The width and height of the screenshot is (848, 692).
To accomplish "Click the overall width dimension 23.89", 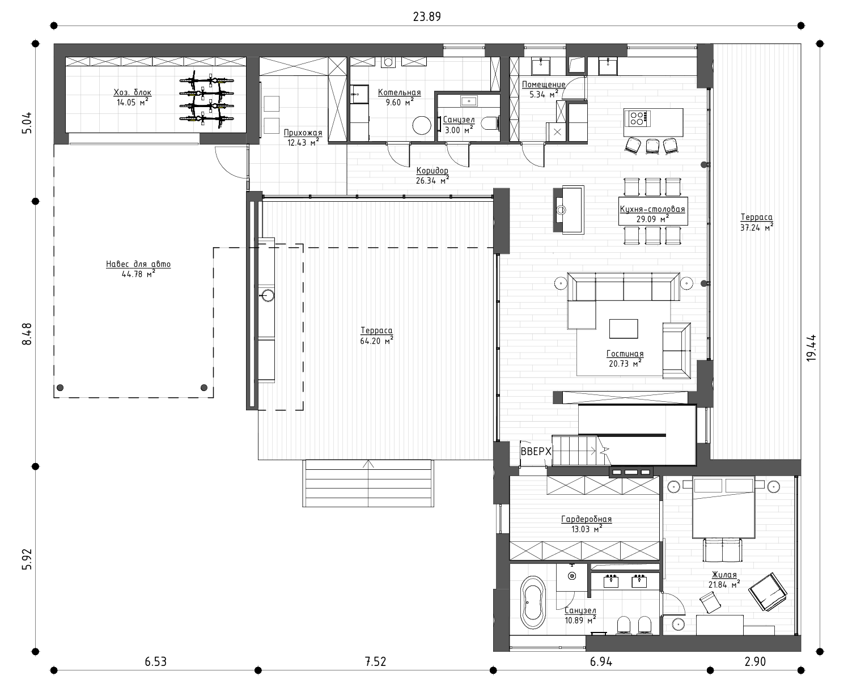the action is [x=427, y=17].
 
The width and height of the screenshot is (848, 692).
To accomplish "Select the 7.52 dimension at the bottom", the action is [x=376, y=661].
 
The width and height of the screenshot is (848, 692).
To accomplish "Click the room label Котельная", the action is [x=399, y=92].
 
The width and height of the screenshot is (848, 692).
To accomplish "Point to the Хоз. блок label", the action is [x=132, y=92].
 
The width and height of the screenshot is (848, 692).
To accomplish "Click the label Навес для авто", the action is [x=138, y=264].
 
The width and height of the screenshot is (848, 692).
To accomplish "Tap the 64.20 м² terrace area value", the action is [x=376, y=341].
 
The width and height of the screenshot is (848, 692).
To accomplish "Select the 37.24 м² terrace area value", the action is [x=757, y=227].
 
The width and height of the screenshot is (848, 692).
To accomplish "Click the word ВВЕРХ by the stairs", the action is [x=536, y=452].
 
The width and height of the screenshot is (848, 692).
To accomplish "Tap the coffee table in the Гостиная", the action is [x=623, y=329].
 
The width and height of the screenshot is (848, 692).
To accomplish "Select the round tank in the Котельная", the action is [x=422, y=125].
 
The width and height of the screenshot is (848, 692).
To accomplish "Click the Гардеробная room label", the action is [x=586, y=519].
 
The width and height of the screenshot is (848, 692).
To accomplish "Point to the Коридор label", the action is [x=432, y=171].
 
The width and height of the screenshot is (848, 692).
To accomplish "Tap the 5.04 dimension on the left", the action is [x=27, y=123].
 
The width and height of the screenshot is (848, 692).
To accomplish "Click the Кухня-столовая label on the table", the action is [x=652, y=209].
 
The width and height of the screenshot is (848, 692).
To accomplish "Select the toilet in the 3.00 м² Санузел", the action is [x=490, y=124].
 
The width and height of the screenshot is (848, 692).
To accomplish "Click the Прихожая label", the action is [x=303, y=133].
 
